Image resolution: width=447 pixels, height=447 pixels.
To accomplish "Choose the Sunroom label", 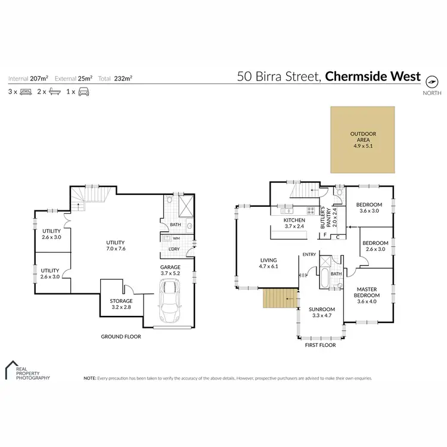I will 322,313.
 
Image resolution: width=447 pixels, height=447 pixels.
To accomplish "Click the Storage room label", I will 120,304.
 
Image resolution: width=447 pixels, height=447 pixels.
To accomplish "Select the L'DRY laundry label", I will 174,249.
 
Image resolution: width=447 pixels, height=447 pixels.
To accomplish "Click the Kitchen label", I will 294,223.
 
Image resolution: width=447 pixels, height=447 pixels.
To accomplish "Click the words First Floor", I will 320,345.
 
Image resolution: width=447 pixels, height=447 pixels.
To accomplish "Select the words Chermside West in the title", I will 374,76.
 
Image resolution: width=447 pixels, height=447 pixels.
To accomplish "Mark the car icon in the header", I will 84,92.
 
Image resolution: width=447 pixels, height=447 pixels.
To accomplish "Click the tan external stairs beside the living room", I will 280,298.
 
